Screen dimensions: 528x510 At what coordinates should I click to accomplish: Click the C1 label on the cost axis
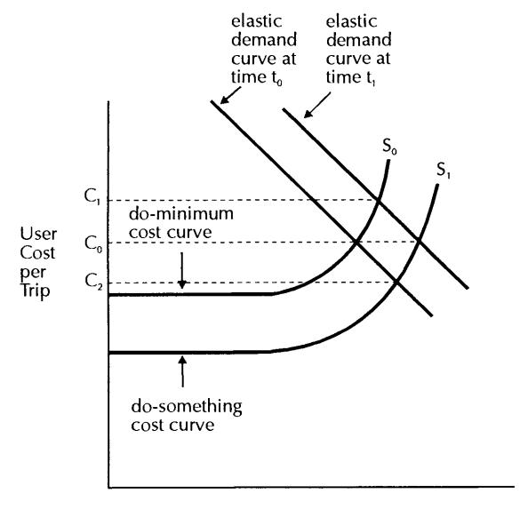coord(92,196)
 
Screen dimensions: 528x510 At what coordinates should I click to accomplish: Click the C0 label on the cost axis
coord(92,243)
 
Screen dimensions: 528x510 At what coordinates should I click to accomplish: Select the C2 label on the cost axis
coord(92,282)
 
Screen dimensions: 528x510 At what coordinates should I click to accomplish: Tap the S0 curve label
coord(389,147)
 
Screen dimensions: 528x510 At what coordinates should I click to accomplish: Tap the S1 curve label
coord(444,170)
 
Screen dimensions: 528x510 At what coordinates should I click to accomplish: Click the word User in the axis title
coord(38,235)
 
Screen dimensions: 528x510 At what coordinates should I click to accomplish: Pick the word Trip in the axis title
coord(35,291)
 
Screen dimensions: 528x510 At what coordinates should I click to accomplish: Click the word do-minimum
coord(180,214)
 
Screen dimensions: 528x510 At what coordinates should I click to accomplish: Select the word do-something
coord(187,407)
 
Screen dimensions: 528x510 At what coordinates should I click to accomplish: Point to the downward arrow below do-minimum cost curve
coord(182,271)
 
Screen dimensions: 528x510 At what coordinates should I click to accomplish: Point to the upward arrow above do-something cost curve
coord(182,371)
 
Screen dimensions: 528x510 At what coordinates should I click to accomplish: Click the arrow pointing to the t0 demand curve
coord(230,95)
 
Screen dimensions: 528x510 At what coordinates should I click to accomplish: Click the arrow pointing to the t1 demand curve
coord(316,106)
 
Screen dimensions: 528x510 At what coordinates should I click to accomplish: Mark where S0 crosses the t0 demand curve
coord(356,242)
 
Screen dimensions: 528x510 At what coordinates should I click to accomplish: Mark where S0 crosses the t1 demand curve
coord(378,202)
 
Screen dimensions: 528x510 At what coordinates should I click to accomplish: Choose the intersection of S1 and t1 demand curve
coord(419,241)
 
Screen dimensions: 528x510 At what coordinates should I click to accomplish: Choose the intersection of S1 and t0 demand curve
coord(396,282)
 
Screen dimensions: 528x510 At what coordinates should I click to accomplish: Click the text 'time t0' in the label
coord(257,78)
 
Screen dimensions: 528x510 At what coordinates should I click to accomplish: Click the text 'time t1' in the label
coord(350,78)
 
